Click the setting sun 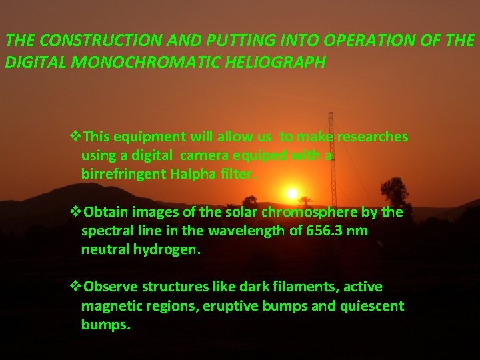coord(291,193)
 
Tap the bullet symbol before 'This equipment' coord(75,137)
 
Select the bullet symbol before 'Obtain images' coord(75,212)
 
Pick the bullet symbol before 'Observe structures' coord(75,287)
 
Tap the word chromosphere coord(321,212)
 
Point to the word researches coord(372,137)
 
